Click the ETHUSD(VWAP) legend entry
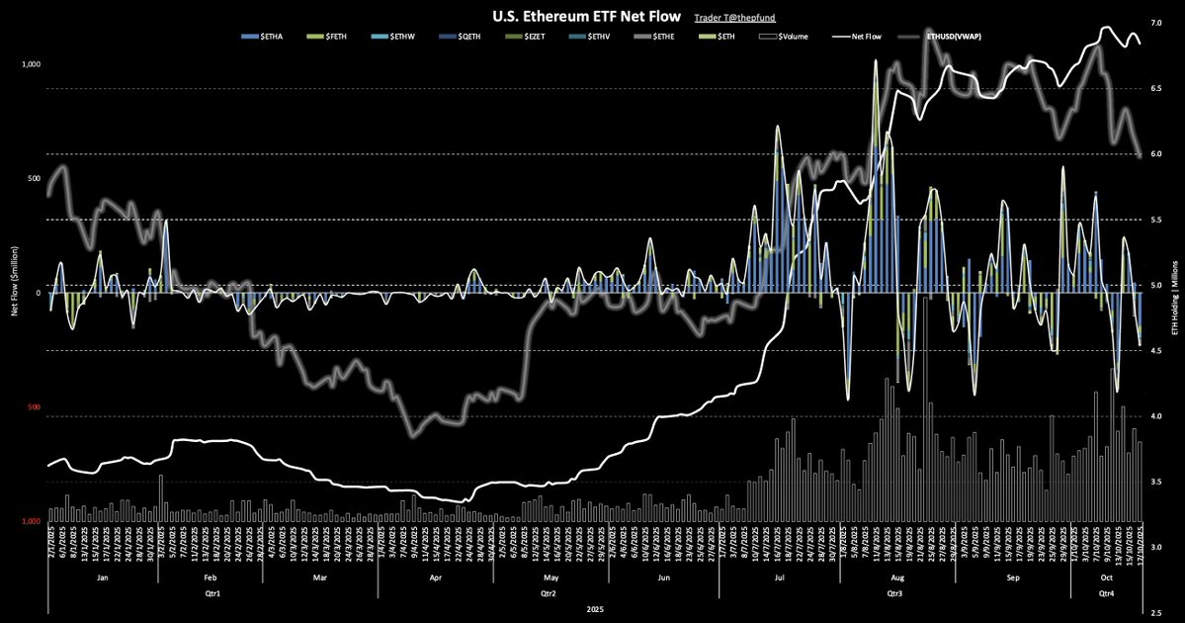(961, 37)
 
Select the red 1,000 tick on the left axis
(31, 521)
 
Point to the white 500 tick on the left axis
(32, 179)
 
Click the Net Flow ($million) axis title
(14, 293)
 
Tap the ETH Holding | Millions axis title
(1173, 293)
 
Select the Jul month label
(779, 576)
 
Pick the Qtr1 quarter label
(212, 593)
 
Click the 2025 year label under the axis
(595, 611)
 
